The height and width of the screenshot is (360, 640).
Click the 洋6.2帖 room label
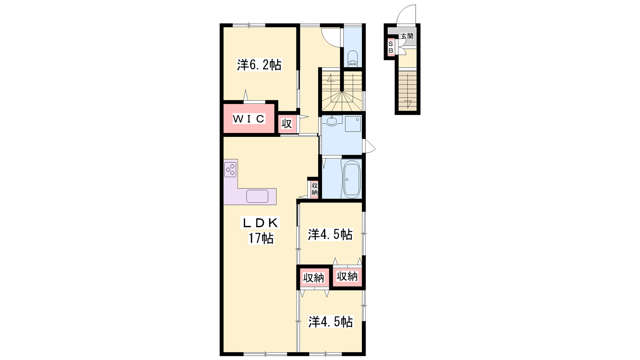click(259, 65)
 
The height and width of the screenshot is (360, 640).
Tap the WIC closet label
click(249, 118)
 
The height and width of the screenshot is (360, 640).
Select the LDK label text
click(260, 223)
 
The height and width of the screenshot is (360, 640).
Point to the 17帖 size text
click(260, 238)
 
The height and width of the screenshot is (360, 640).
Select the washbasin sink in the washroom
click(332, 121)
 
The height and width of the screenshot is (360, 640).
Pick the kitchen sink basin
click(257, 196)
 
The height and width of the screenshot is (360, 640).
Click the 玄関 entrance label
click(407, 36)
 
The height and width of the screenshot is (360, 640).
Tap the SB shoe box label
click(390, 47)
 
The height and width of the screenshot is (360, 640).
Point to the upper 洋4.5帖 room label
click(330, 234)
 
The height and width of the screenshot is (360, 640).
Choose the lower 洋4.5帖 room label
click(330, 322)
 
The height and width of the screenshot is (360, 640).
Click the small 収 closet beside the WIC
click(287, 124)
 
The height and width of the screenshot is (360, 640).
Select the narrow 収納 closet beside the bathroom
click(314, 189)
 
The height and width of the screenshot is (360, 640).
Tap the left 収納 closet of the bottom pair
click(314, 278)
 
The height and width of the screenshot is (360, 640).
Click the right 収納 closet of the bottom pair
click(347, 276)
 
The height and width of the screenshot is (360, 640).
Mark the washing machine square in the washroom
click(353, 124)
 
